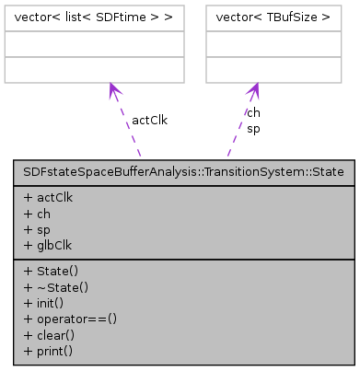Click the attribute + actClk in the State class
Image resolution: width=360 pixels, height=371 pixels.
click(x=49, y=196)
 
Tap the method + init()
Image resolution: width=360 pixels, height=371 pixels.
click(x=45, y=303)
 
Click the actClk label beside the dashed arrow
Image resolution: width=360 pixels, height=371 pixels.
click(x=149, y=120)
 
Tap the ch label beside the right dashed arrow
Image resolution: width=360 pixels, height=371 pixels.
click(x=253, y=112)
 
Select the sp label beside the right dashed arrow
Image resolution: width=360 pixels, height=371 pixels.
click(x=253, y=128)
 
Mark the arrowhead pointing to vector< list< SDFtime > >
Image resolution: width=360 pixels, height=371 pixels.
click(x=113, y=89)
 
